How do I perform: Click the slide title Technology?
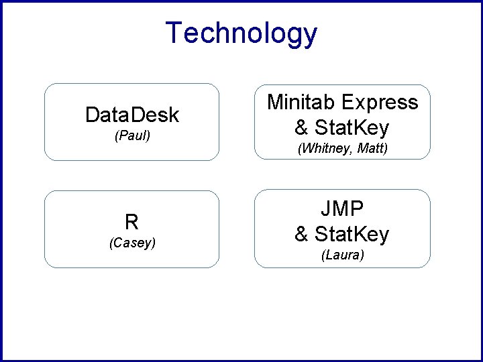(x=241, y=34)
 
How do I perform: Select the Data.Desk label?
(x=132, y=115)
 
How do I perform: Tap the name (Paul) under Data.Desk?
(x=132, y=136)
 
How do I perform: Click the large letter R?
(x=131, y=222)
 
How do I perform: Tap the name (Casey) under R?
(x=132, y=243)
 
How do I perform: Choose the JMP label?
(x=342, y=209)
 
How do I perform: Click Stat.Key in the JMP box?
(x=352, y=233)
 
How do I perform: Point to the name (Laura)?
(x=342, y=255)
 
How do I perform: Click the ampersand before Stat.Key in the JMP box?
(x=302, y=233)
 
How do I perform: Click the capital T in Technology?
(x=174, y=34)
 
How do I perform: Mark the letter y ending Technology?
(x=309, y=36)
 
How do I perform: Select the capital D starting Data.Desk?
(x=93, y=115)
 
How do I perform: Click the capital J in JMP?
(x=325, y=209)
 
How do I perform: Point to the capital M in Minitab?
(x=275, y=103)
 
